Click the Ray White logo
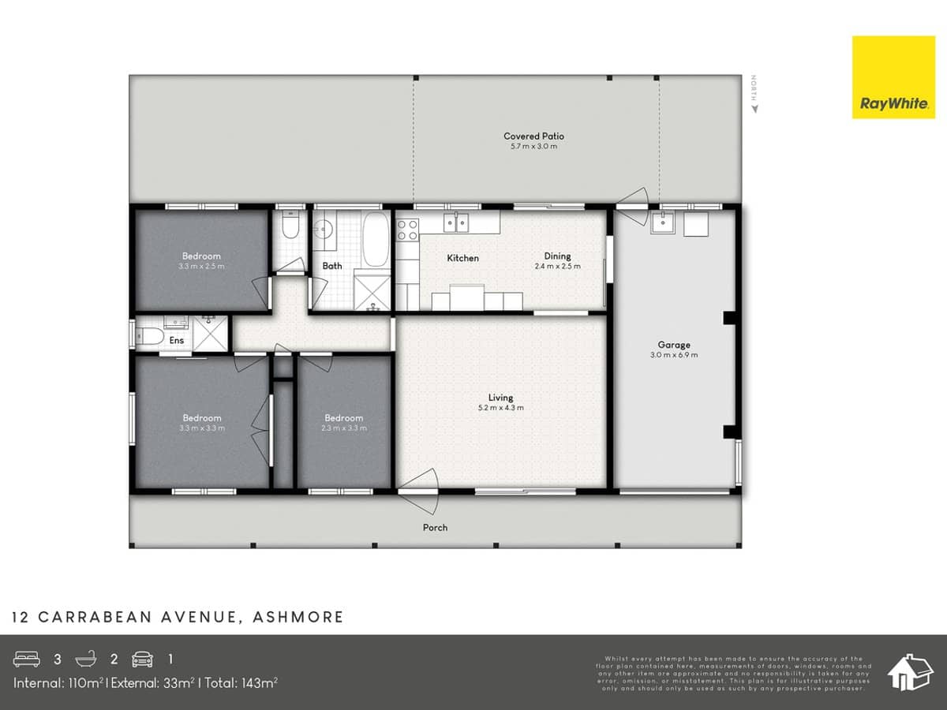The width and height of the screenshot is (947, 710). coord(893,77)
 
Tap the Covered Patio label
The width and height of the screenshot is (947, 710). coord(533,136)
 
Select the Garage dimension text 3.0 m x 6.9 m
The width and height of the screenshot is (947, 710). coord(674,355)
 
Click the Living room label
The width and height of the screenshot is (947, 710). coord(500,398)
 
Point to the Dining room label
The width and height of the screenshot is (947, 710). coord(557,256)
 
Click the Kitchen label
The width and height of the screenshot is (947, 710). coord(462,258)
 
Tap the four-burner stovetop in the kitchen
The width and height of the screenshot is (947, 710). coord(407,230)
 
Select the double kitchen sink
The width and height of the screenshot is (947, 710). coord(455,223)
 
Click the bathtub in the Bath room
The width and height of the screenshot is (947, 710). coord(376,238)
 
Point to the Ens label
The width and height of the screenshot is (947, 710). coord(177,341)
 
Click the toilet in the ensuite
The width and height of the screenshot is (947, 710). coord(149,338)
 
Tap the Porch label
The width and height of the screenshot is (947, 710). coord(435,528)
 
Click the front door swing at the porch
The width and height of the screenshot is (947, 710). coord(420,483)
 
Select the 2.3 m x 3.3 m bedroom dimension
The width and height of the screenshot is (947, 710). coord(343,428)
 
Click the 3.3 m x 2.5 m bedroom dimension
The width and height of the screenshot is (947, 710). coord(201,267)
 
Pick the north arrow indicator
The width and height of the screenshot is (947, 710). coord(754,92)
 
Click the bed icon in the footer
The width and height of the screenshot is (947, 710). coord(26,659)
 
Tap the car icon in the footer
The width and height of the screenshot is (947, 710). coord(142,659)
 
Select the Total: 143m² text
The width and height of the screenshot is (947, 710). coord(241,682)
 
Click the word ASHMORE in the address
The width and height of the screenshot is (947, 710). coord(298,617)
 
